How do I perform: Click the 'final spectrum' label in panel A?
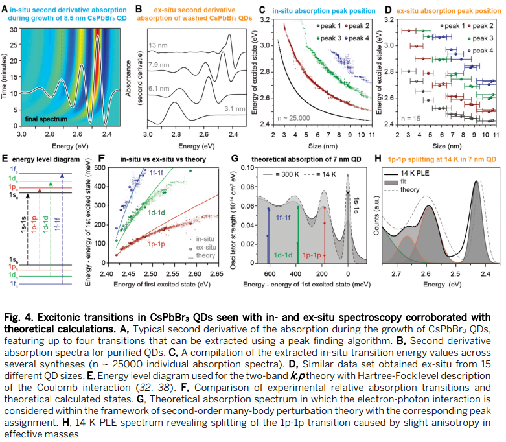pos(46,119)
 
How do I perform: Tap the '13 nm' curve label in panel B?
pos(158,45)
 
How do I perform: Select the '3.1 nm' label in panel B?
pos(235,108)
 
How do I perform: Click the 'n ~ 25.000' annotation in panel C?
pos(293,118)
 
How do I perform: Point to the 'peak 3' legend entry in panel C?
pos(328,38)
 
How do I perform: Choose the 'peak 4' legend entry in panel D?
pos(481,51)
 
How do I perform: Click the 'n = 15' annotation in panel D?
pos(411,119)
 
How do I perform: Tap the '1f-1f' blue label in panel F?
pos(156,173)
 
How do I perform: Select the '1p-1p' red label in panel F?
pos(156,244)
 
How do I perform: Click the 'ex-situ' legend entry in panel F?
pos(203,248)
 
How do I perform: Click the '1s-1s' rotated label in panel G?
pos(356,205)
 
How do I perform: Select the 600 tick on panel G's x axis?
pos(270,274)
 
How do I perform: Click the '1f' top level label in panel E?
pos(14,169)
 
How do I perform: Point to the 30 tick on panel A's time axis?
pos(14,30)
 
